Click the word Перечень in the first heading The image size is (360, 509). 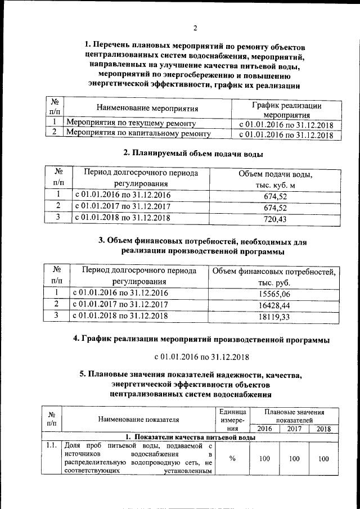pos(115,45)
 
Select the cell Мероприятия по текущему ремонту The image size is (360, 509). pos(130,123)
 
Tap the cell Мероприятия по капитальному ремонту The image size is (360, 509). pos(138,134)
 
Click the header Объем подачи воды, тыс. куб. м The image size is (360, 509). pos(275,179)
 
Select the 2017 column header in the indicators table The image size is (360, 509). pos(294,429)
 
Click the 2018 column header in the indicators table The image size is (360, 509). pos(323,429)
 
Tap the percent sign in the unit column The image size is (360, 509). pos(232,458)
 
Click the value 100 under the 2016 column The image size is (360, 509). pos(264,458)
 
